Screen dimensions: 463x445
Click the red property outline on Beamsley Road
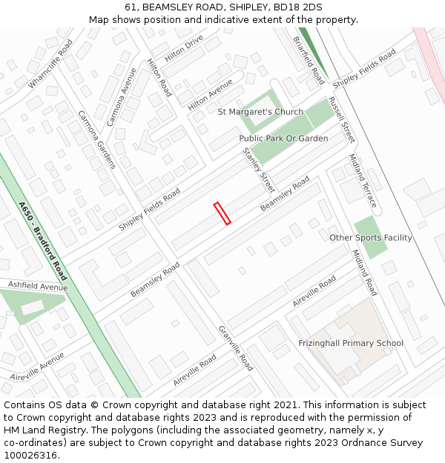222,213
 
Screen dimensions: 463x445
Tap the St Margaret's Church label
260,112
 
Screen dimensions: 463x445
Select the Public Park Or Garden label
283,139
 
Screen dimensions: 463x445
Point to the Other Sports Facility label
371,238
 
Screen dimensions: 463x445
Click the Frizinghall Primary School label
351,343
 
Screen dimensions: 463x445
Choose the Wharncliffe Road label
51,64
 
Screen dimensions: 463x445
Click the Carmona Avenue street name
122,96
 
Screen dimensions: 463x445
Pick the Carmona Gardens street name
96,139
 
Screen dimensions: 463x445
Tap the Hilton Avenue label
210,96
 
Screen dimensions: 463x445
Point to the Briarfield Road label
309,60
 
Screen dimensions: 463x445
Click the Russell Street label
342,119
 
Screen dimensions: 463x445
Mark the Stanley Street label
259,170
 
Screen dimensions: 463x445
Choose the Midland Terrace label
363,181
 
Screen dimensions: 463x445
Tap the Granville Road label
236,348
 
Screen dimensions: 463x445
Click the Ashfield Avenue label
38,286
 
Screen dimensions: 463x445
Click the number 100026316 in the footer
32,456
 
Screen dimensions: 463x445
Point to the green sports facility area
370,237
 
